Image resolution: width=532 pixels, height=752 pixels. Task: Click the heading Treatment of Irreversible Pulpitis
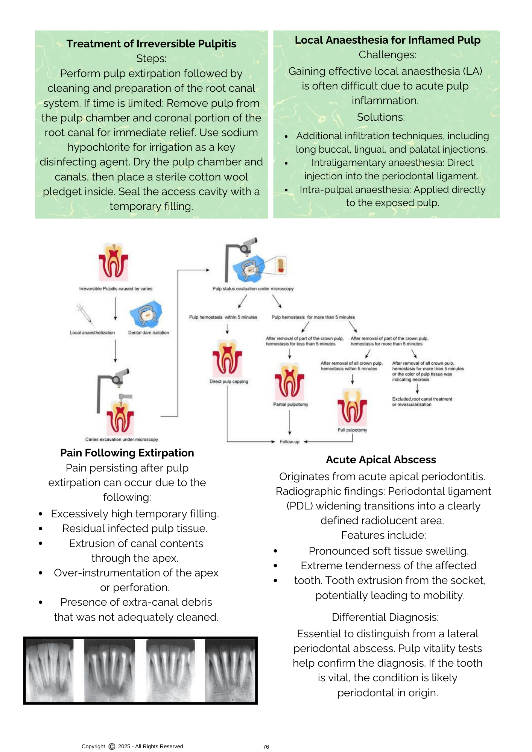[151, 44]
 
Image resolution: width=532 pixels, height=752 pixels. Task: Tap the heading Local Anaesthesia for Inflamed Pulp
[387, 40]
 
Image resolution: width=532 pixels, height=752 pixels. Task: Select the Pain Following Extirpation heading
[127, 453]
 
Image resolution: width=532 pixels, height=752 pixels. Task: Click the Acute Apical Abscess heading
[381, 460]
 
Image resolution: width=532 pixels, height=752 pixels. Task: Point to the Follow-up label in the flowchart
[289, 442]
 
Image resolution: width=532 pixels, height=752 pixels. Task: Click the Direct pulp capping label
[229, 382]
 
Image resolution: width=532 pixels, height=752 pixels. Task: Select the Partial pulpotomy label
[290, 405]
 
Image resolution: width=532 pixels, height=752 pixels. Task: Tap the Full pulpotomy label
[352, 430]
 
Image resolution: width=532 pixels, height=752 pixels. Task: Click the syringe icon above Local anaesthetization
[85, 315]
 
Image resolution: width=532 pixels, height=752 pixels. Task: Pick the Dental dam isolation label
[149, 333]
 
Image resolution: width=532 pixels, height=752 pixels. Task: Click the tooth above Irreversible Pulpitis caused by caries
[113, 261]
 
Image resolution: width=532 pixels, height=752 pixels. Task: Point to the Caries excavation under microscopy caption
[122, 440]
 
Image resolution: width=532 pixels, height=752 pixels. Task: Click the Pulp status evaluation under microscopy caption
[253, 289]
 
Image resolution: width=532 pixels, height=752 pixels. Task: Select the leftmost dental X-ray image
[50, 670]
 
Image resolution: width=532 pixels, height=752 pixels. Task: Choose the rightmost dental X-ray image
[230, 670]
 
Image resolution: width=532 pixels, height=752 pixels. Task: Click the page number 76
[266, 747]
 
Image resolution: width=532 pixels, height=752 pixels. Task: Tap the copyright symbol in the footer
[112, 746]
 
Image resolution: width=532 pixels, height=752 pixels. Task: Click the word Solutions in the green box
[381, 117]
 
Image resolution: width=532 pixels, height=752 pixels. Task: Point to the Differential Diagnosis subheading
[385, 617]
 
